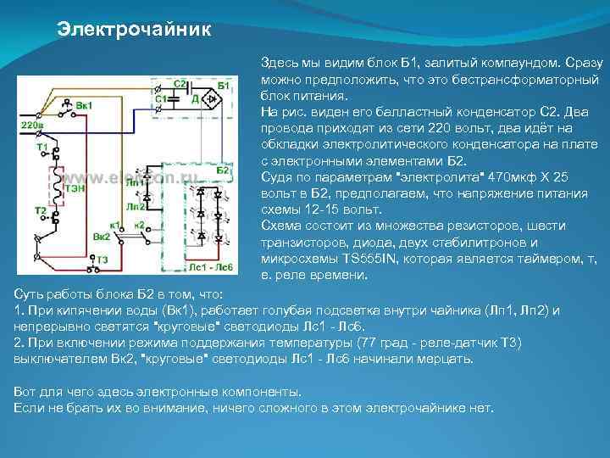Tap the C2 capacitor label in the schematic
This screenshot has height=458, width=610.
180,84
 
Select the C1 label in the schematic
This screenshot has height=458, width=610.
161,99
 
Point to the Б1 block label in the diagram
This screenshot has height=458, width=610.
225,86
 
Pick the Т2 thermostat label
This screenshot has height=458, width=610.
40,209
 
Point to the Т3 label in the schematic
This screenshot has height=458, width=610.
101,259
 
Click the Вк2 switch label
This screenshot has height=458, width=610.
101,236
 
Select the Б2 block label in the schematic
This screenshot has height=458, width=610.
223,170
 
